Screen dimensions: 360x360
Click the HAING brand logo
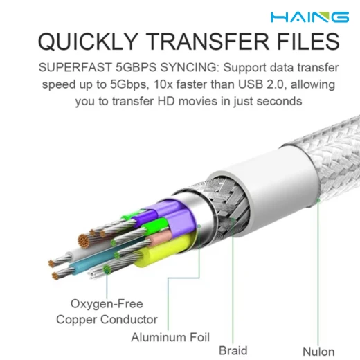(x=309, y=17)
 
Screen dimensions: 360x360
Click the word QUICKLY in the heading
(x=88, y=42)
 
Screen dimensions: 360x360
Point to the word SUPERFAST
(x=75, y=67)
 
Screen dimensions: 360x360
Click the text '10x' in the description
(x=163, y=84)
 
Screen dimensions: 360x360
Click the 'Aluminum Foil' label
(x=170, y=337)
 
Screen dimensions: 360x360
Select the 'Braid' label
(x=233, y=350)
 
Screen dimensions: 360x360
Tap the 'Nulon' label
(x=318, y=352)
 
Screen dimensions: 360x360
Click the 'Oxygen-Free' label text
(x=107, y=303)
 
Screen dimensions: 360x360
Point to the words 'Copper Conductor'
(x=107, y=320)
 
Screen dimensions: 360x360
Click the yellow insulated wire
(x=164, y=251)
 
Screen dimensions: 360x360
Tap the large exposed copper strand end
(x=84, y=241)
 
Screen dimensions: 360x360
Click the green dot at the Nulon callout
(x=318, y=201)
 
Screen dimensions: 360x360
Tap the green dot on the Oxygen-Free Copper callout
(x=107, y=269)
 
